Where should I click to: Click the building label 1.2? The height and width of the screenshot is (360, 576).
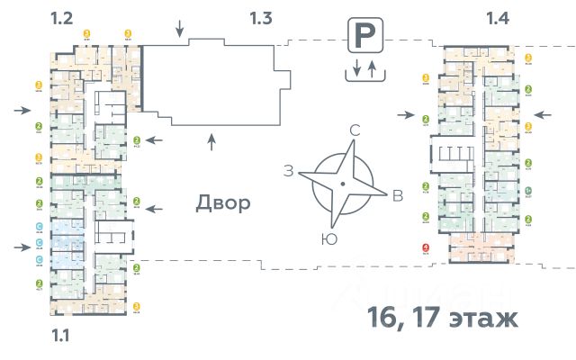61,16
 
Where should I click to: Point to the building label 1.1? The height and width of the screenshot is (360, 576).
61,337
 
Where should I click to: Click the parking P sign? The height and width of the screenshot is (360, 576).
364,38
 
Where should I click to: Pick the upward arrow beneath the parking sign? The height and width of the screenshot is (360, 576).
373,69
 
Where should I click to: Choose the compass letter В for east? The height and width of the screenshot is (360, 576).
397,197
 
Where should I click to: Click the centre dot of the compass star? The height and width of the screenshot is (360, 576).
342,184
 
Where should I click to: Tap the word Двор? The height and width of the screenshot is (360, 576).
223,203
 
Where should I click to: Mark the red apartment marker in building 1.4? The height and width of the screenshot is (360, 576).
426,249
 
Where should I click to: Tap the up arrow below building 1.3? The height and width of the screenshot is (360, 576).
211,140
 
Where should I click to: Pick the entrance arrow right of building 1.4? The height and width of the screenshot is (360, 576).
543,114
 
